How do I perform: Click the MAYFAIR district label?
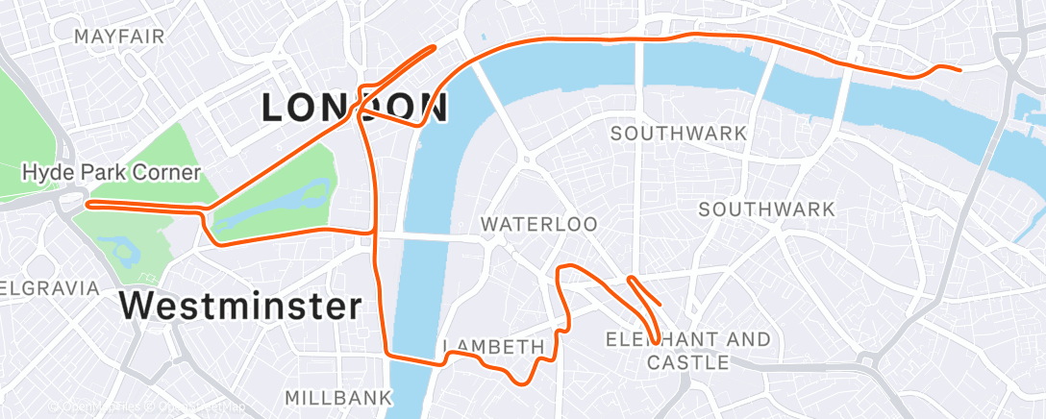119,37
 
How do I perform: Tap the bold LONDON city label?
355,108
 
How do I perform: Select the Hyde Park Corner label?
112,173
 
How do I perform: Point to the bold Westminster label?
241,307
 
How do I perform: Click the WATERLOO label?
539,224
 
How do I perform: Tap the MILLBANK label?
338,397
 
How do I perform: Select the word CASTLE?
687,362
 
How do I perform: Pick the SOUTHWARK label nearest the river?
679,133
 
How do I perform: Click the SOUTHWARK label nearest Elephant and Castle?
767,209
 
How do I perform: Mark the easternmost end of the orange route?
959,69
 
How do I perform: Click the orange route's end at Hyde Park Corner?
88,204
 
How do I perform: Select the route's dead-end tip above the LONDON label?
434,46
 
